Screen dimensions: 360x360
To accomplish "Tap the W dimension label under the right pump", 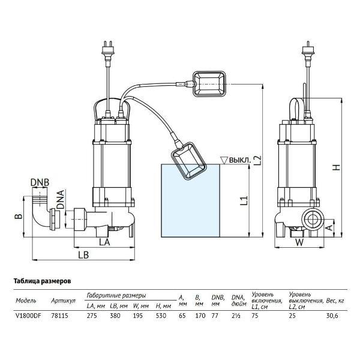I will [x=299, y=243].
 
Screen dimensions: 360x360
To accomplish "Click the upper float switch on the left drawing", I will [x=208, y=83].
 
